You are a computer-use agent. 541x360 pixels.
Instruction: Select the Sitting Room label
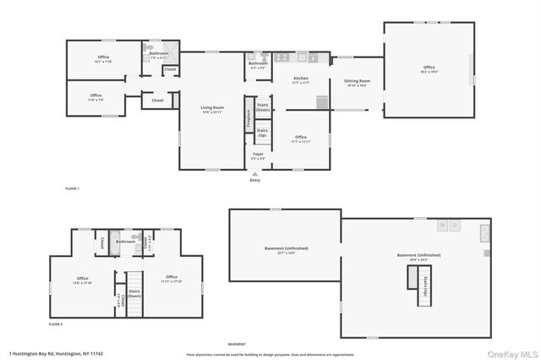(x=357, y=83)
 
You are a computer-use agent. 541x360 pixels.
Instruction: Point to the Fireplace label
(x=248, y=118)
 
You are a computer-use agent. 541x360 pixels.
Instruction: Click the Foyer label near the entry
(x=258, y=156)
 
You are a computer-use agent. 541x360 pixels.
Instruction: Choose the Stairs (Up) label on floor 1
(x=263, y=133)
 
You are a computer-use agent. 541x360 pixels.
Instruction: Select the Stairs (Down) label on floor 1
(x=263, y=108)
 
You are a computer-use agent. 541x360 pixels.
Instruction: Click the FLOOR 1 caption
(x=72, y=188)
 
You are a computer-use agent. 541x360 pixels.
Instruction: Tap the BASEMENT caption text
(x=238, y=344)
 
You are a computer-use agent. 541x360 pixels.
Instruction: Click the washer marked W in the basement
(x=441, y=226)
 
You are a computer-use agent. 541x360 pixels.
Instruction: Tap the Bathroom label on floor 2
(x=126, y=242)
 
